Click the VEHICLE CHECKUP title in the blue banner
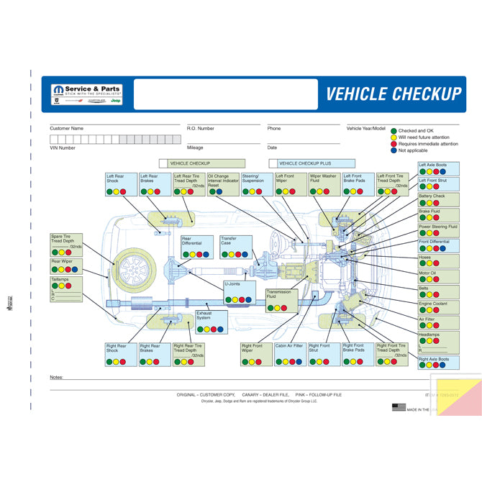coord(394,94)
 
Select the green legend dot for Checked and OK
coord(394,131)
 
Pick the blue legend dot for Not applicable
coord(394,150)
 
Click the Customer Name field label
coord(66,128)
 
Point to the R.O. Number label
coord(201,128)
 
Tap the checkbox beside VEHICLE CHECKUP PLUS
coord(273,163)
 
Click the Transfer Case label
coord(228,241)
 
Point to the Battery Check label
coord(432,196)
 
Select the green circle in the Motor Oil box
coord(423,281)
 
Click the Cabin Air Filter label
coord(288,346)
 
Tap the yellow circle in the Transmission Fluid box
coord(278,307)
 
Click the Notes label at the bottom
coord(57,377)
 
